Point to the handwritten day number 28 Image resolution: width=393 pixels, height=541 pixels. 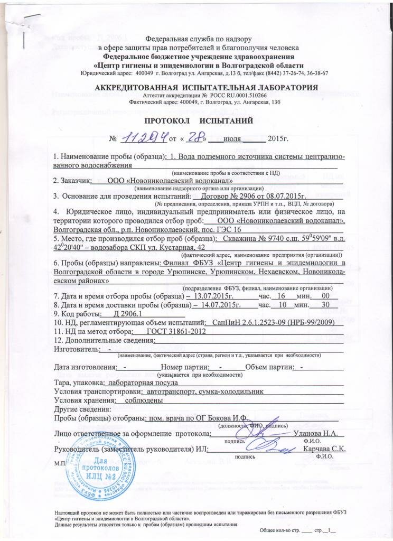[194, 138]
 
